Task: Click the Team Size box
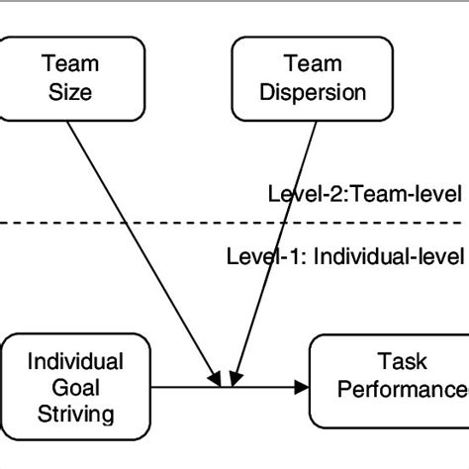click(69, 76)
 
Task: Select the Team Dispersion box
click(300, 76)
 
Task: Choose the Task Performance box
click(391, 381)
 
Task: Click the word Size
click(69, 92)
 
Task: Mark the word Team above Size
click(69, 63)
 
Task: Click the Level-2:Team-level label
click(365, 194)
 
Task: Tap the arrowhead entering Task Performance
click(301, 387)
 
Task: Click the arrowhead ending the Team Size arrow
click(217, 377)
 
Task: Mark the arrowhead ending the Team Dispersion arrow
click(234, 377)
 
